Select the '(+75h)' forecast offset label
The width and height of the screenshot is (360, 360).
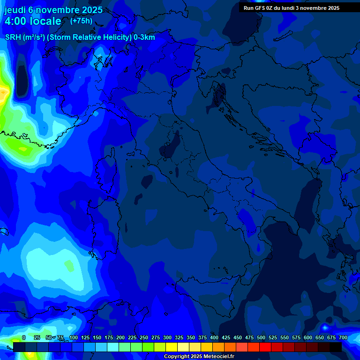81,21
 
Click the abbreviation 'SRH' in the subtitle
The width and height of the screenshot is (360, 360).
13,37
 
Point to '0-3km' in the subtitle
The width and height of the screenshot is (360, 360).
144,37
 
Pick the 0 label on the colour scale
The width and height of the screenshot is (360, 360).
24,337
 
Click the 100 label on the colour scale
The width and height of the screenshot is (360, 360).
73,337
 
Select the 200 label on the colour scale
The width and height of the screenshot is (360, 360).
120,337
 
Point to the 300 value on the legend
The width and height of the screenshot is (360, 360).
167,337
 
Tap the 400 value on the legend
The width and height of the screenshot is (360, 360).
214,337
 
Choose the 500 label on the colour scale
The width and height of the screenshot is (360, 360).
261,337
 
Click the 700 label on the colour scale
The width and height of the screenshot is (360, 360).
343,337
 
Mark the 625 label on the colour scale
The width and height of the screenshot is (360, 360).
320,337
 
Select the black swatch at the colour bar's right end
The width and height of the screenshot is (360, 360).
336,347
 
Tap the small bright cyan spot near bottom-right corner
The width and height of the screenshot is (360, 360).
324,327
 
